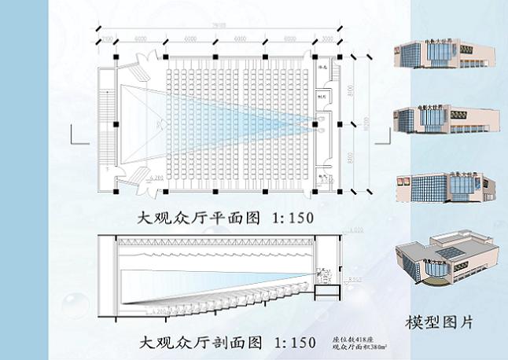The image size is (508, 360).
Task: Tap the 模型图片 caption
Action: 439,323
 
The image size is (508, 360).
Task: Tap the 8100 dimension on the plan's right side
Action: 352,84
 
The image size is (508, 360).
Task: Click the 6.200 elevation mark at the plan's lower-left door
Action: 154,179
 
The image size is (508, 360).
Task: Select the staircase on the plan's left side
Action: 108,123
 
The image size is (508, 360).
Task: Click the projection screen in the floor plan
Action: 119,123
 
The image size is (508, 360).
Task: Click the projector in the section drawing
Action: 323,277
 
